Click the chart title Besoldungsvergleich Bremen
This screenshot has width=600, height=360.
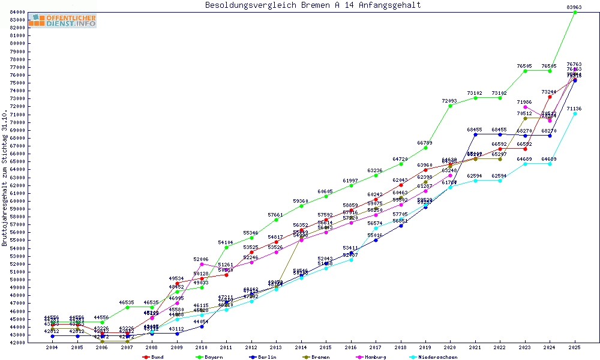[x=313, y=5]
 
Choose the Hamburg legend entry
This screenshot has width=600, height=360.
[x=374, y=357]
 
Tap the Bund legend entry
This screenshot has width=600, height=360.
[x=154, y=357]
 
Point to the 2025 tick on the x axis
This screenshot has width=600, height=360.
[x=574, y=347]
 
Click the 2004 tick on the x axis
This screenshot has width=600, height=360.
[x=52, y=347]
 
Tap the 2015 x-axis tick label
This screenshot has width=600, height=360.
[x=325, y=347]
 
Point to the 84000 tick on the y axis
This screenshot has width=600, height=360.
[x=17, y=12]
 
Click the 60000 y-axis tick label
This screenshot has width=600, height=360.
[x=17, y=201]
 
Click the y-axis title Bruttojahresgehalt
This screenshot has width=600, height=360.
[x=5, y=178]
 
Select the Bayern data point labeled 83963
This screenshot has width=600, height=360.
[x=575, y=12]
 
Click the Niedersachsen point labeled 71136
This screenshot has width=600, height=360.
[x=575, y=113]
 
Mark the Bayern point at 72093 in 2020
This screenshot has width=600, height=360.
[x=450, y=106]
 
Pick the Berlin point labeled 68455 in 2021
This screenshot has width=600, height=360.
[x=475, y=134]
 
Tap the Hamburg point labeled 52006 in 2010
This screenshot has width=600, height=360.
[x=202, y=264]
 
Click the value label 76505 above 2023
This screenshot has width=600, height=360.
[x=524, y=66]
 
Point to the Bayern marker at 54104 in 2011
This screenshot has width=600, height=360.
[x=226, y=247]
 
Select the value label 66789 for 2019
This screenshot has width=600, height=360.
[x=425, y=143]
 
